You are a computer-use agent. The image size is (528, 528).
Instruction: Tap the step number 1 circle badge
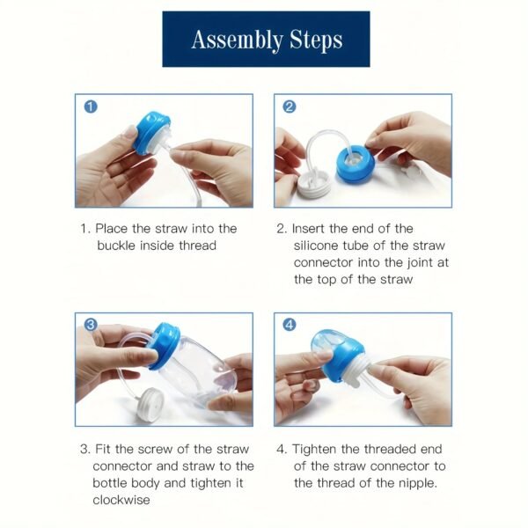click(x=91, y=107)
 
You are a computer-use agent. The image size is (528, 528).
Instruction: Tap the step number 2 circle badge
click(x=290, y=107)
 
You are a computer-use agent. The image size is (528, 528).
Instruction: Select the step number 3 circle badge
click(x=91, y=325)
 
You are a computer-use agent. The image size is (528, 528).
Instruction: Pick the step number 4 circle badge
click(x=290, y=325)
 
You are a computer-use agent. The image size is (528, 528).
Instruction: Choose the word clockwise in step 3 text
click(x=123, y=500)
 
